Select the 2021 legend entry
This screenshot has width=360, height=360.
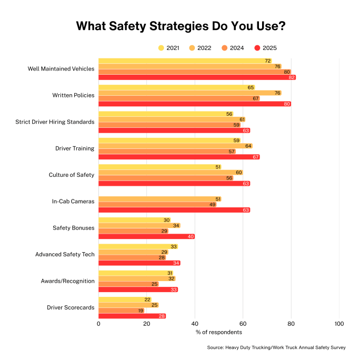[x=169, y=48]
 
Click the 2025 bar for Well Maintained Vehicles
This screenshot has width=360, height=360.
[x=197, y=77]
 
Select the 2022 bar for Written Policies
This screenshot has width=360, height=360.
[x=189, y=93]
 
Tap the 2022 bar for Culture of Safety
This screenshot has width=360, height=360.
[x=171, y=173]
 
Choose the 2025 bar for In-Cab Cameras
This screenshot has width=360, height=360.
[x=174, y=210]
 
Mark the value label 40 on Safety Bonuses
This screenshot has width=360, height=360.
[x=191, y=237]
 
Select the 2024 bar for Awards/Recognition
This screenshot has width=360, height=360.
[x=128, y=284]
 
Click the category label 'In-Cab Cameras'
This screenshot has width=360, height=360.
[x=73, y=202]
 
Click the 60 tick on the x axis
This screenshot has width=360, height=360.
[x=243, y=324]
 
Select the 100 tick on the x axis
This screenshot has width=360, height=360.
[x=339, y=324]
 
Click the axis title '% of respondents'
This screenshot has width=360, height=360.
[x=218, y=333]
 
